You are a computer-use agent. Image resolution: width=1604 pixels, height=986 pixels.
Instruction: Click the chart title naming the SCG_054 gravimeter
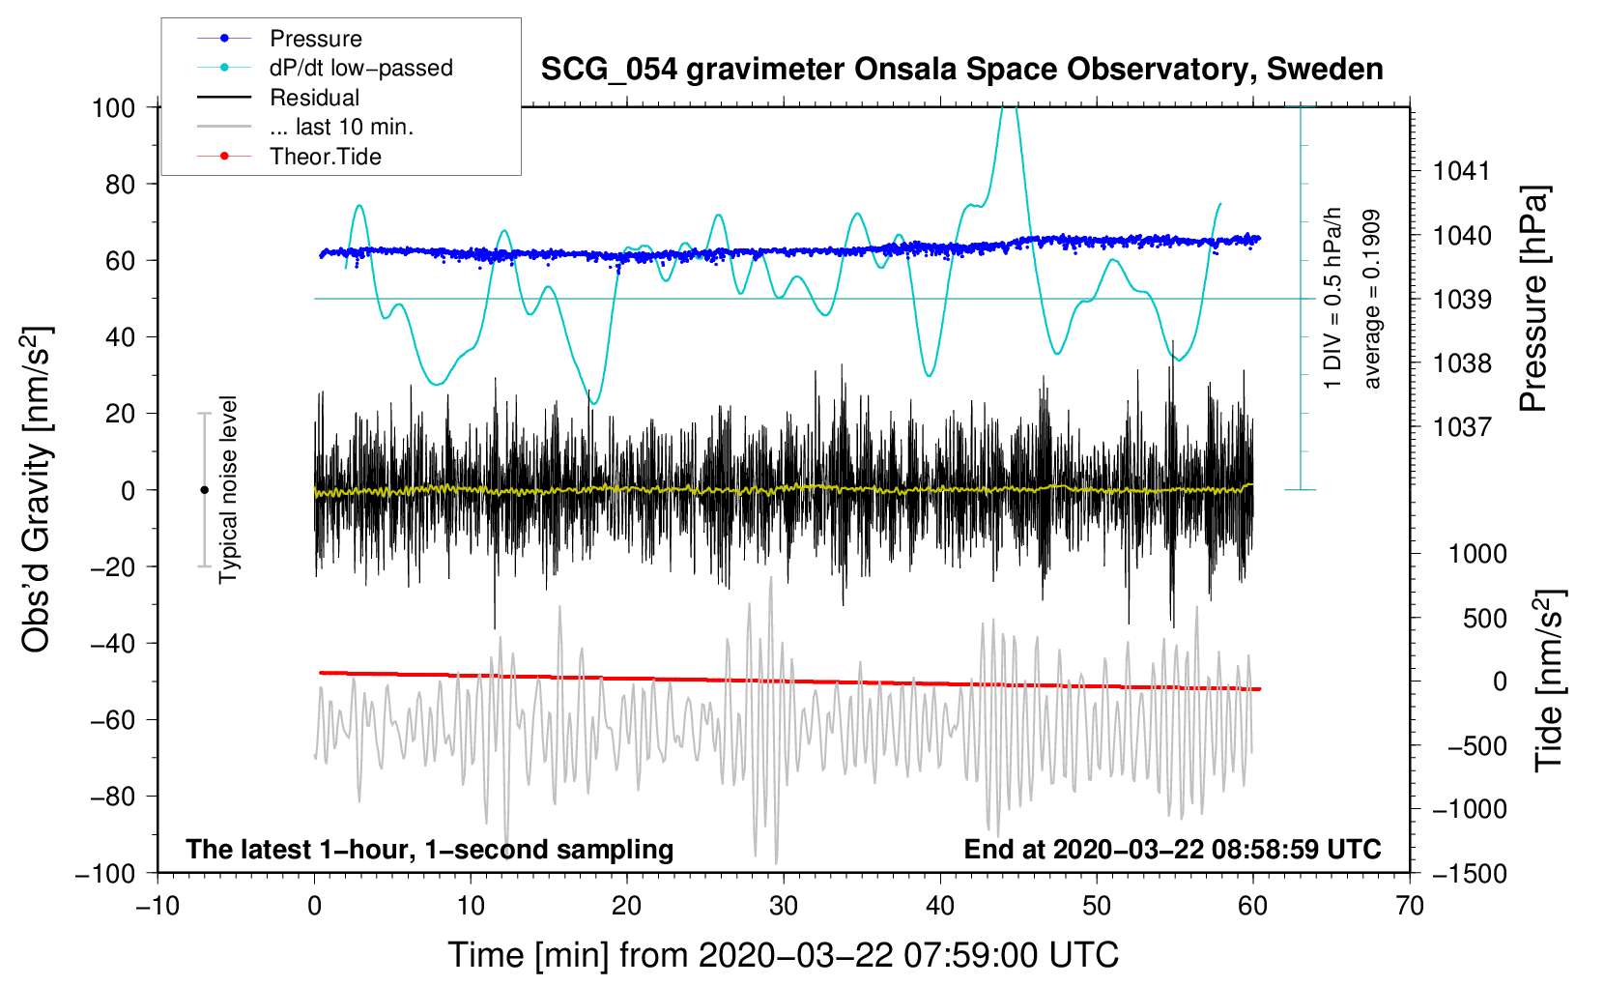(x=961, y=70)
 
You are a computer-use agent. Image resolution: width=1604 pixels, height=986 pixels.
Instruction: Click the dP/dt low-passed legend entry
(x=360, y=68)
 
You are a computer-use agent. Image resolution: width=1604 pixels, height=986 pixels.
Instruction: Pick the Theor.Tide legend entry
(x=325, y=157)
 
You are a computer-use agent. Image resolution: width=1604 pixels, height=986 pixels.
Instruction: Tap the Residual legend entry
(x=314, y=98)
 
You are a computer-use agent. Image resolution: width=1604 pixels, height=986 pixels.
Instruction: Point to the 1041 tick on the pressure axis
(x=1462, y=171)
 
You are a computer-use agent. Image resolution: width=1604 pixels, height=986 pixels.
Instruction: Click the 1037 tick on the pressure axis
(x=1462, y=426)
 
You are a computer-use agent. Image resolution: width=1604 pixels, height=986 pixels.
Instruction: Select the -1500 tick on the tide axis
(x=1469, y=873)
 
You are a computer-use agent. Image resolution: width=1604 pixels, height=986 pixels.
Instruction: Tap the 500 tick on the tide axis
(x=1484, y=618)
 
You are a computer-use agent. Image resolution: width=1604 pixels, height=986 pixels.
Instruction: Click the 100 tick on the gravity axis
(x=113, y=107)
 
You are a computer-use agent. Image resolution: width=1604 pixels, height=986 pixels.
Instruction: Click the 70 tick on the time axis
(x=1410, y=906)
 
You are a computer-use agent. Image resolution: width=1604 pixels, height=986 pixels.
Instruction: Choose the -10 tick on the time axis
(x=158, y=906)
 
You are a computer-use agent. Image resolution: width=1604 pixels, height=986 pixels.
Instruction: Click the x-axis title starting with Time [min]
(x=783, y=955)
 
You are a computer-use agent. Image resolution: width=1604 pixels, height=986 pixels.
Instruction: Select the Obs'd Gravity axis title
(x=36, y=489)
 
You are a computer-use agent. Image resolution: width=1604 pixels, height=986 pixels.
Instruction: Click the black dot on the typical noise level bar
(x=204, y=490)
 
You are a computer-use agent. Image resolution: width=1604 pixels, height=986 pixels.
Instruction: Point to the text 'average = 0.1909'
(x=1371, y=299)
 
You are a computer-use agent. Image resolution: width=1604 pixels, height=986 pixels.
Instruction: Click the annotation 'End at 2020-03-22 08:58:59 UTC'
(x=1172, y=849)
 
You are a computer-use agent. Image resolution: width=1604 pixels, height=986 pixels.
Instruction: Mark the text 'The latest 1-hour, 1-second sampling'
(x=429, y=849)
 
